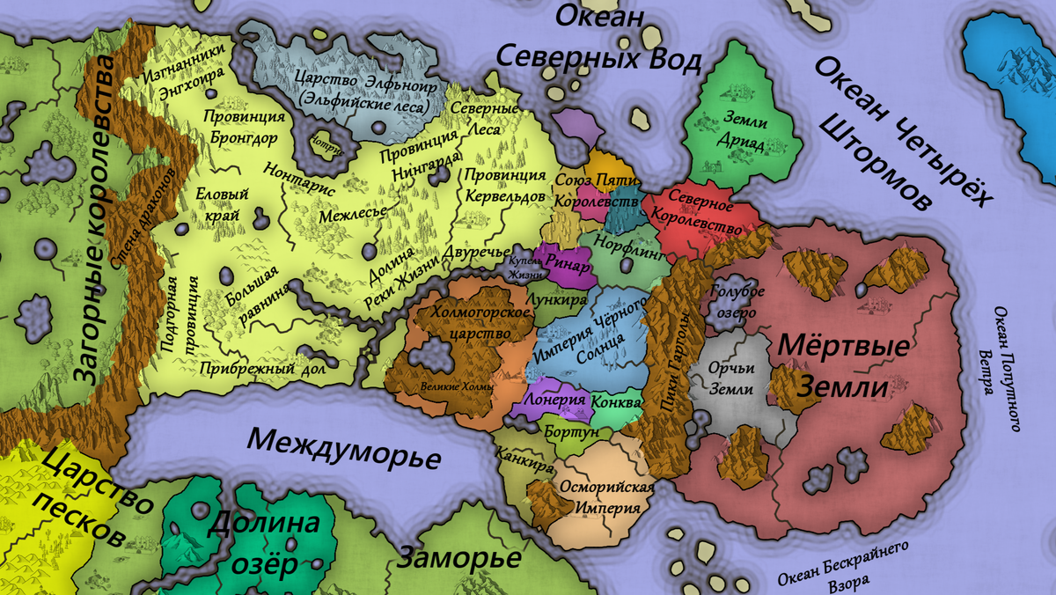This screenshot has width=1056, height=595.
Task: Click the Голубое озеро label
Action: click(737, 302)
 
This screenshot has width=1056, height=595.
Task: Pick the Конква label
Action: click(615, 401)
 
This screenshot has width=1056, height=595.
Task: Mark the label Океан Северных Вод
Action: click(598, 39)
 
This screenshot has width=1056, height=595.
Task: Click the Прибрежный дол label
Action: click(261, 370)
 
